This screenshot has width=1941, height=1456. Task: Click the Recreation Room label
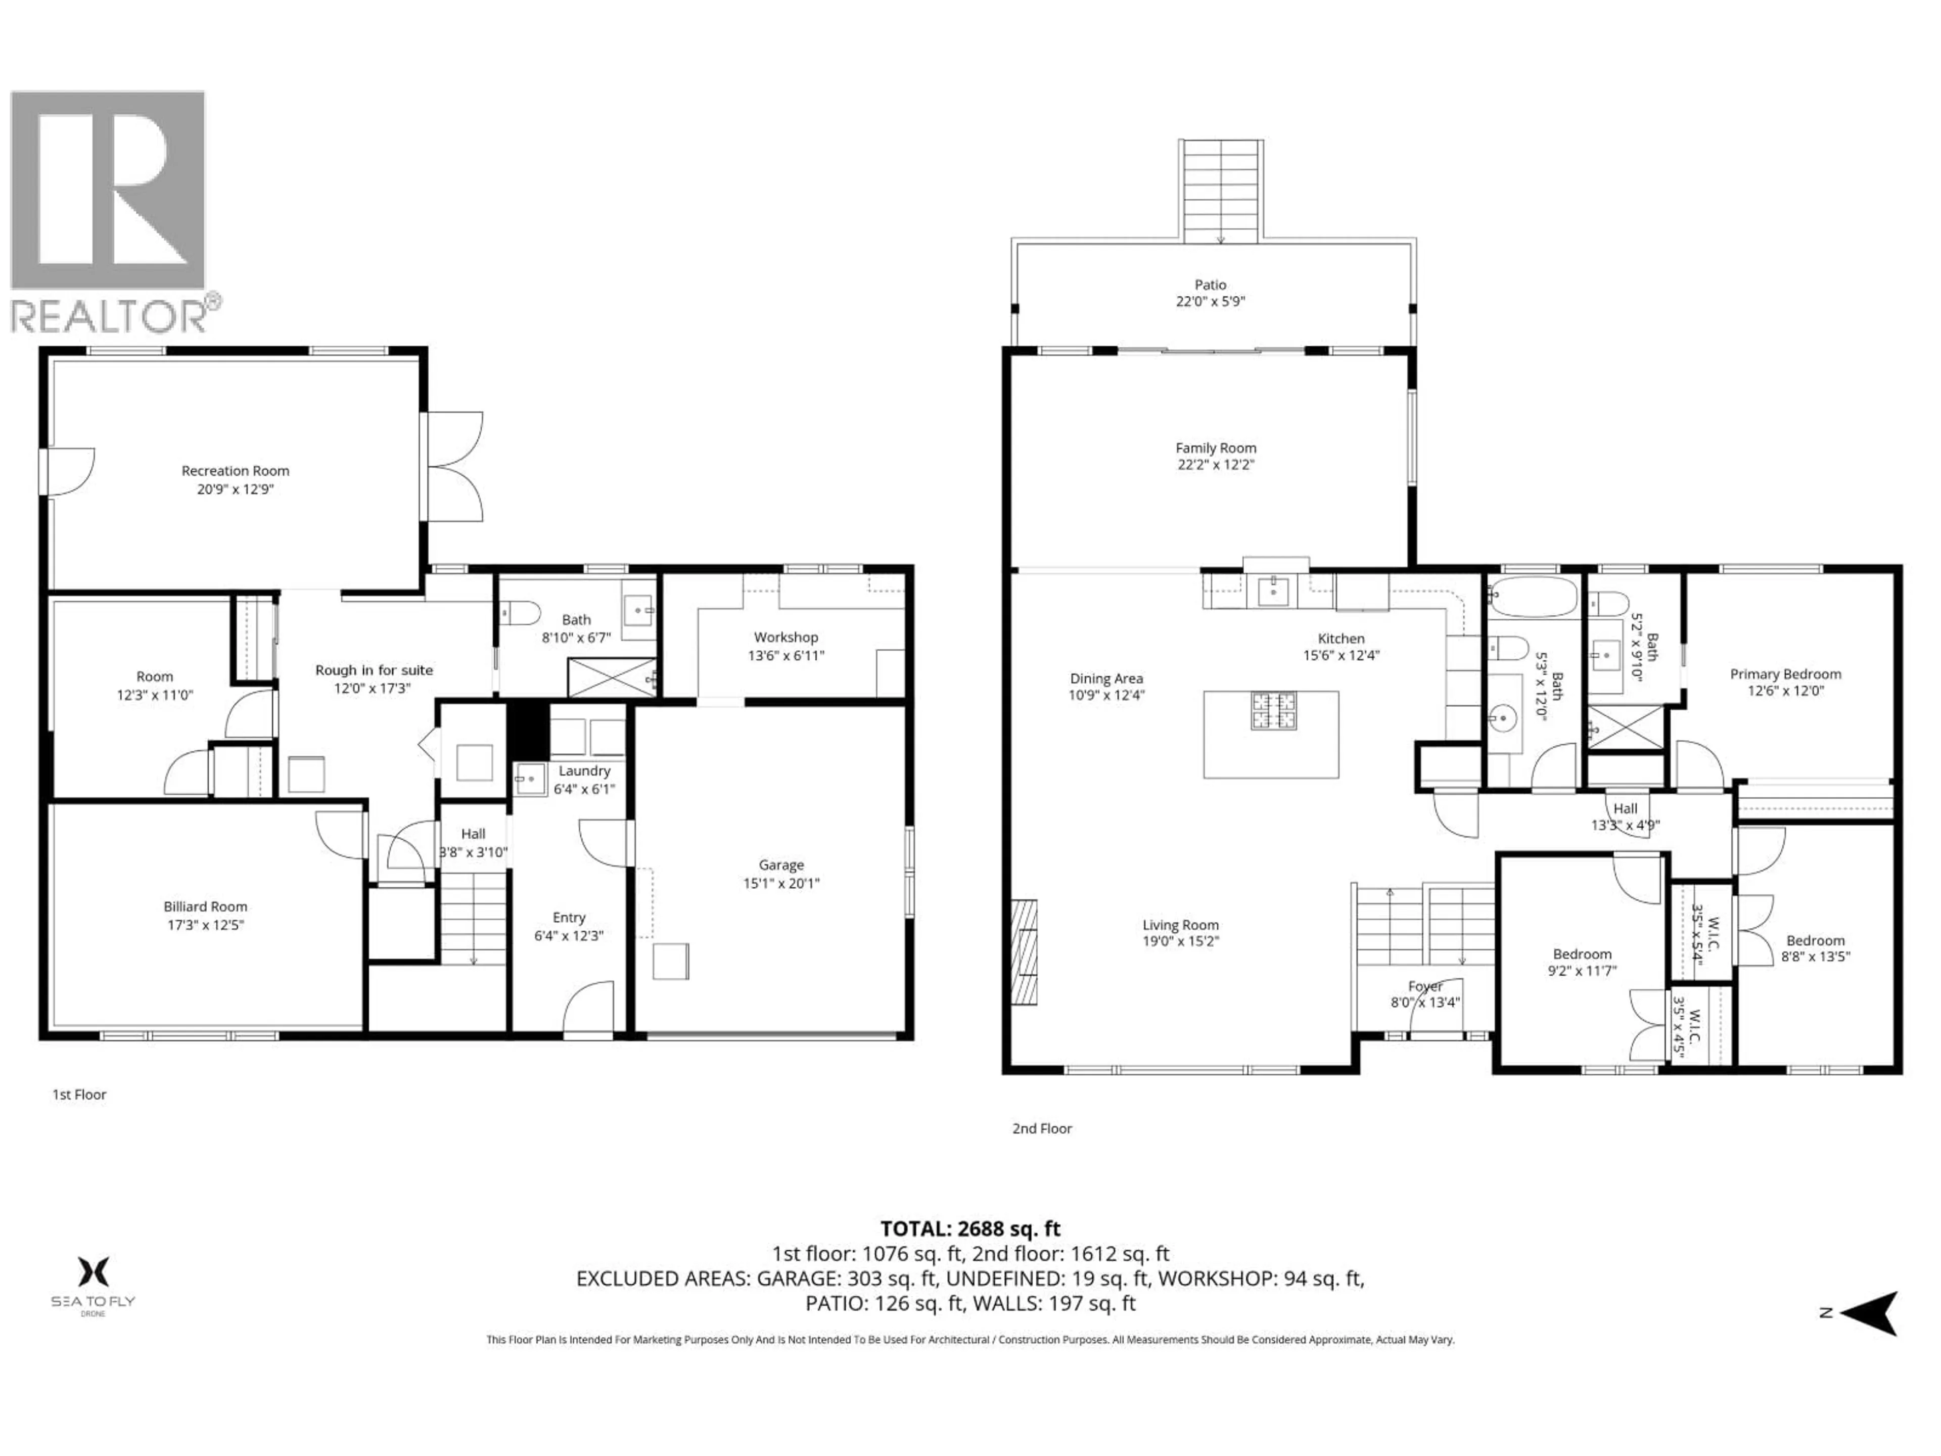[235, 470]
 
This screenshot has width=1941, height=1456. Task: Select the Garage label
[781, 864]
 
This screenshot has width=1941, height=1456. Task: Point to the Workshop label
[785, 637]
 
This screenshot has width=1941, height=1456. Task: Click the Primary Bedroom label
[1785, 674]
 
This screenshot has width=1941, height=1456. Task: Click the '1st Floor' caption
[79, 1095]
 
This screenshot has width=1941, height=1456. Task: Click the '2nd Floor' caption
[1042, 1128]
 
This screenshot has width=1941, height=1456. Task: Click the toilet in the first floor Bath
[520, 612]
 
